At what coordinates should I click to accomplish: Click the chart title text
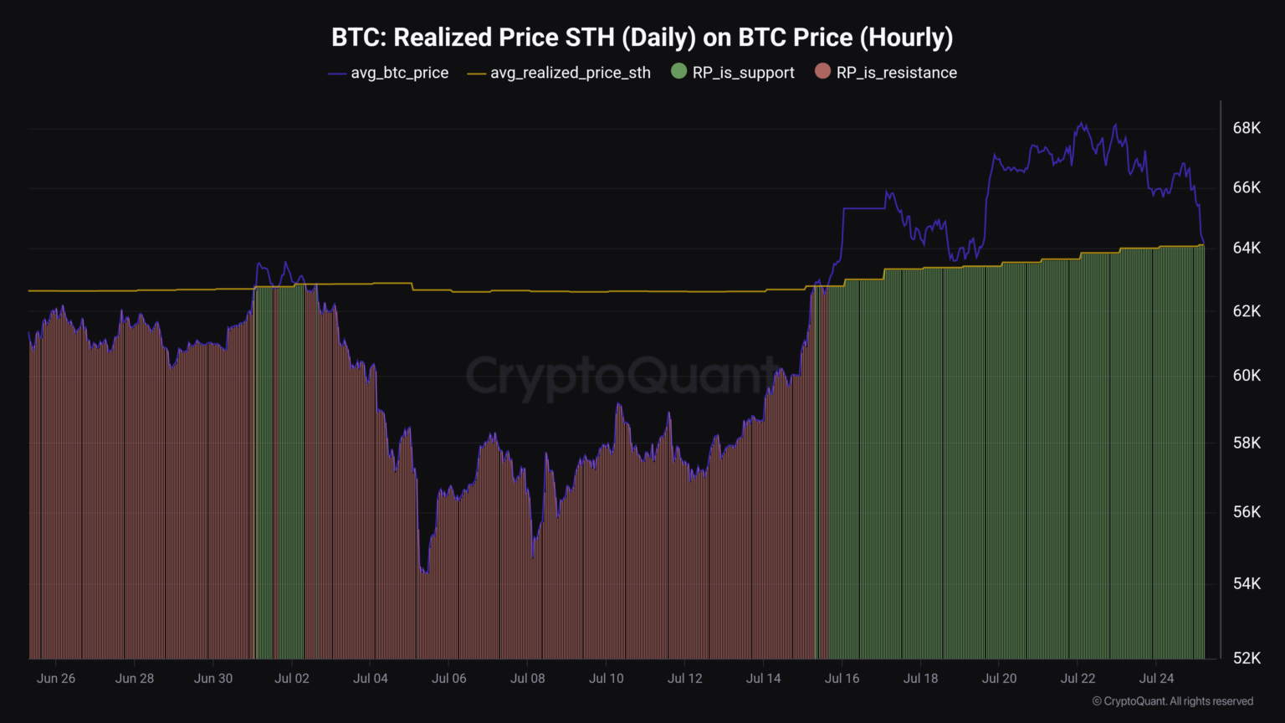coord(642,38)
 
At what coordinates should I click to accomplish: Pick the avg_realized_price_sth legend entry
coord(559,73)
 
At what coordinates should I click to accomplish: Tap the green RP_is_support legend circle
coord(678,72)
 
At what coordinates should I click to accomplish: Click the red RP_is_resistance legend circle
coord(822,72)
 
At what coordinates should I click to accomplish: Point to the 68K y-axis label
coord(1247,128)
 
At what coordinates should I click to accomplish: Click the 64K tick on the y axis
coord(1247,248)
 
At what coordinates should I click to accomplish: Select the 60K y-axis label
coord(1247,375)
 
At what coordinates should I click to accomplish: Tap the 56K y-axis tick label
coord(1247,511)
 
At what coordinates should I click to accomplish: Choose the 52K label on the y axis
coord(1247,658)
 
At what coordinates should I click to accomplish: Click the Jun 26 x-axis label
coord(56,679)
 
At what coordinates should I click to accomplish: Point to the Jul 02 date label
coord(292,679)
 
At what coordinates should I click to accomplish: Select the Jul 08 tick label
coord(528,679)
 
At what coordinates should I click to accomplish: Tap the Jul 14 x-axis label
coord(764,679)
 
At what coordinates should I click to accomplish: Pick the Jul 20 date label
coord(1000,679)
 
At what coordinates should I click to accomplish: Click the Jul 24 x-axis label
coord(1157,679)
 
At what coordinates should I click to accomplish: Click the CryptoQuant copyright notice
coord(1173,701)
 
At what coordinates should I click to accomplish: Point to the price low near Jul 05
coord(426,572)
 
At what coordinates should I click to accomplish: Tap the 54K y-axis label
coord(1247,583)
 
